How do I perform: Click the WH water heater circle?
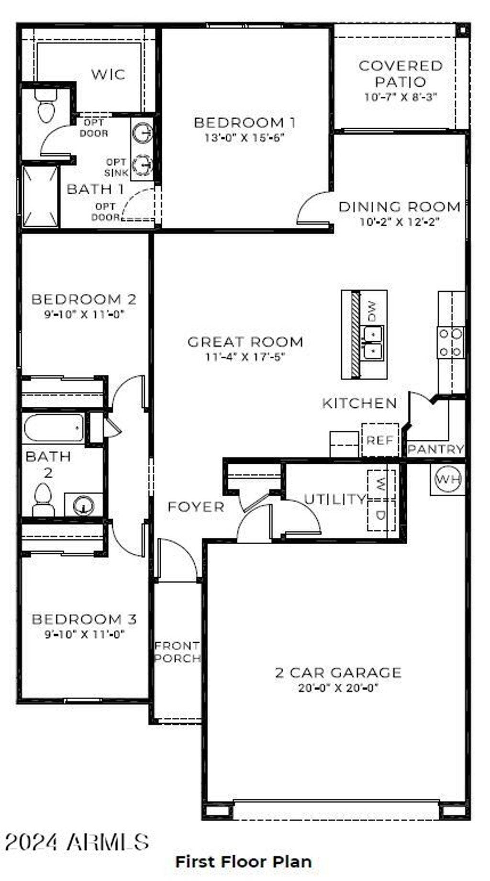tap(448, 479)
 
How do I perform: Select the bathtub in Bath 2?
tap(53, 427)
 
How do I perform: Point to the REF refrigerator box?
tap(380, 440)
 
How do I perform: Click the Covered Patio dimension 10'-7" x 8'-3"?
tap(401, 97)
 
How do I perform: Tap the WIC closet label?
tap(108, 74)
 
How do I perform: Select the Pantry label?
tap(435, 449)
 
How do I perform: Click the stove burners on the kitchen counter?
tap(451, 343)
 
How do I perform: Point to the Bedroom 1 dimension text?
tap(245, 138)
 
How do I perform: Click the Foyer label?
tap(196, 507)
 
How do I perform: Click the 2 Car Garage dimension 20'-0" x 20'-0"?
tap(338, 688)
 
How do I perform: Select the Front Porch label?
tap(177, 652)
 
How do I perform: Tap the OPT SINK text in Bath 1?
tap(116, 167)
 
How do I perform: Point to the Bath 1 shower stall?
tap(41, 196)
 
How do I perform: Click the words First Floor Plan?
tap(244, 861)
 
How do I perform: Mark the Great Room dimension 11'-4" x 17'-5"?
tap(245, 357)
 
